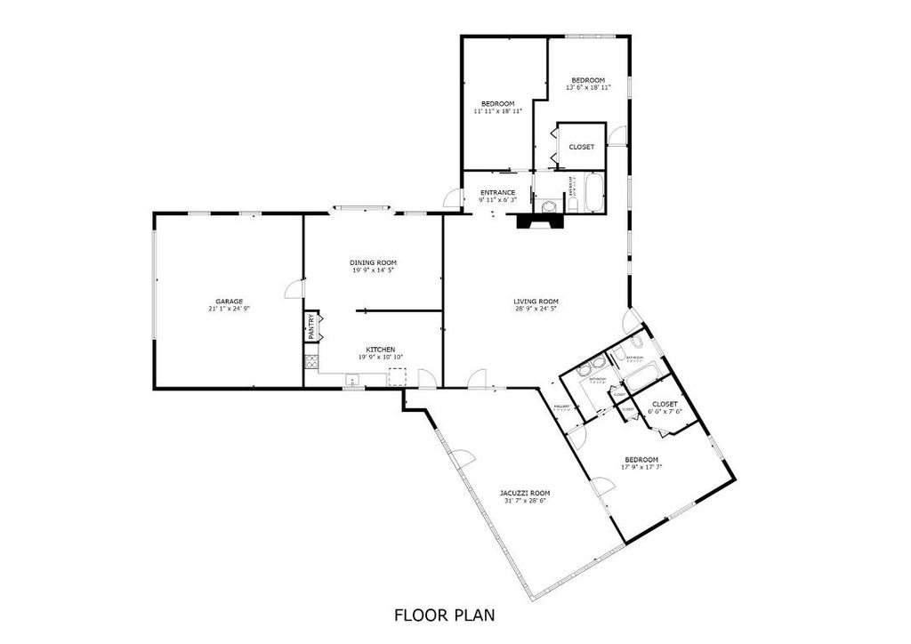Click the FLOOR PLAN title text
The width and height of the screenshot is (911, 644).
click(444, 615)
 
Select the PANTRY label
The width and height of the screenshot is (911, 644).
click(310, 326)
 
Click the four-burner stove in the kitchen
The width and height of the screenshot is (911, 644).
click(310, 362)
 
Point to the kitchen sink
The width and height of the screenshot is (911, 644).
click(352, 381)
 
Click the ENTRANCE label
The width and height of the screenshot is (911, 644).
click(497, 192)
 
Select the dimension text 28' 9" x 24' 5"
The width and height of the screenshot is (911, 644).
click(535, 310)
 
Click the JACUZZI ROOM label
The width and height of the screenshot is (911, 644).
click(524, 493)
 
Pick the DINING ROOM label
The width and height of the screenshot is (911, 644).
click(373, 262)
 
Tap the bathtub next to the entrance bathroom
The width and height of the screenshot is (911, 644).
click(593, 195)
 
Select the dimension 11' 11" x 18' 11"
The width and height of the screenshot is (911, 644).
click(497, 111)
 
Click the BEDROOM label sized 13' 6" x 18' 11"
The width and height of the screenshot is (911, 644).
click(587, 81)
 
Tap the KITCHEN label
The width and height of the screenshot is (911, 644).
click(382, 350)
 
